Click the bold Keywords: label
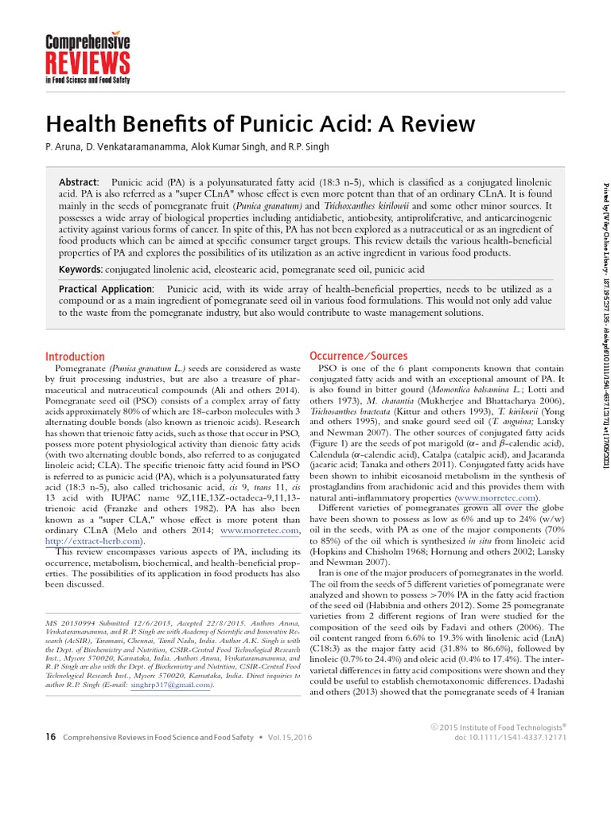click(81, 270)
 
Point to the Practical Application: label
click(107, 289)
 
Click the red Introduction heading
click(75, 357)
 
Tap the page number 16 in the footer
click(50, 737)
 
